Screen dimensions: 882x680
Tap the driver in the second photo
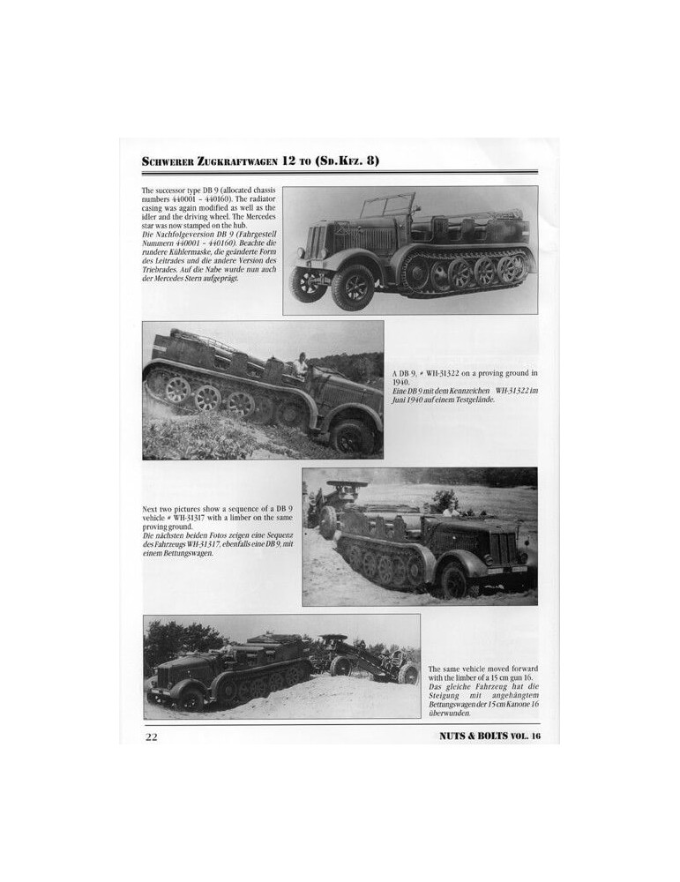[302, 364]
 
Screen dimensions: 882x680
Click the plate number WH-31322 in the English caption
[447, 374]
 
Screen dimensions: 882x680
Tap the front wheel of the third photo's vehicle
[454, 579]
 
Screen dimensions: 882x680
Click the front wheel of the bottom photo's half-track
[190, 697]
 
